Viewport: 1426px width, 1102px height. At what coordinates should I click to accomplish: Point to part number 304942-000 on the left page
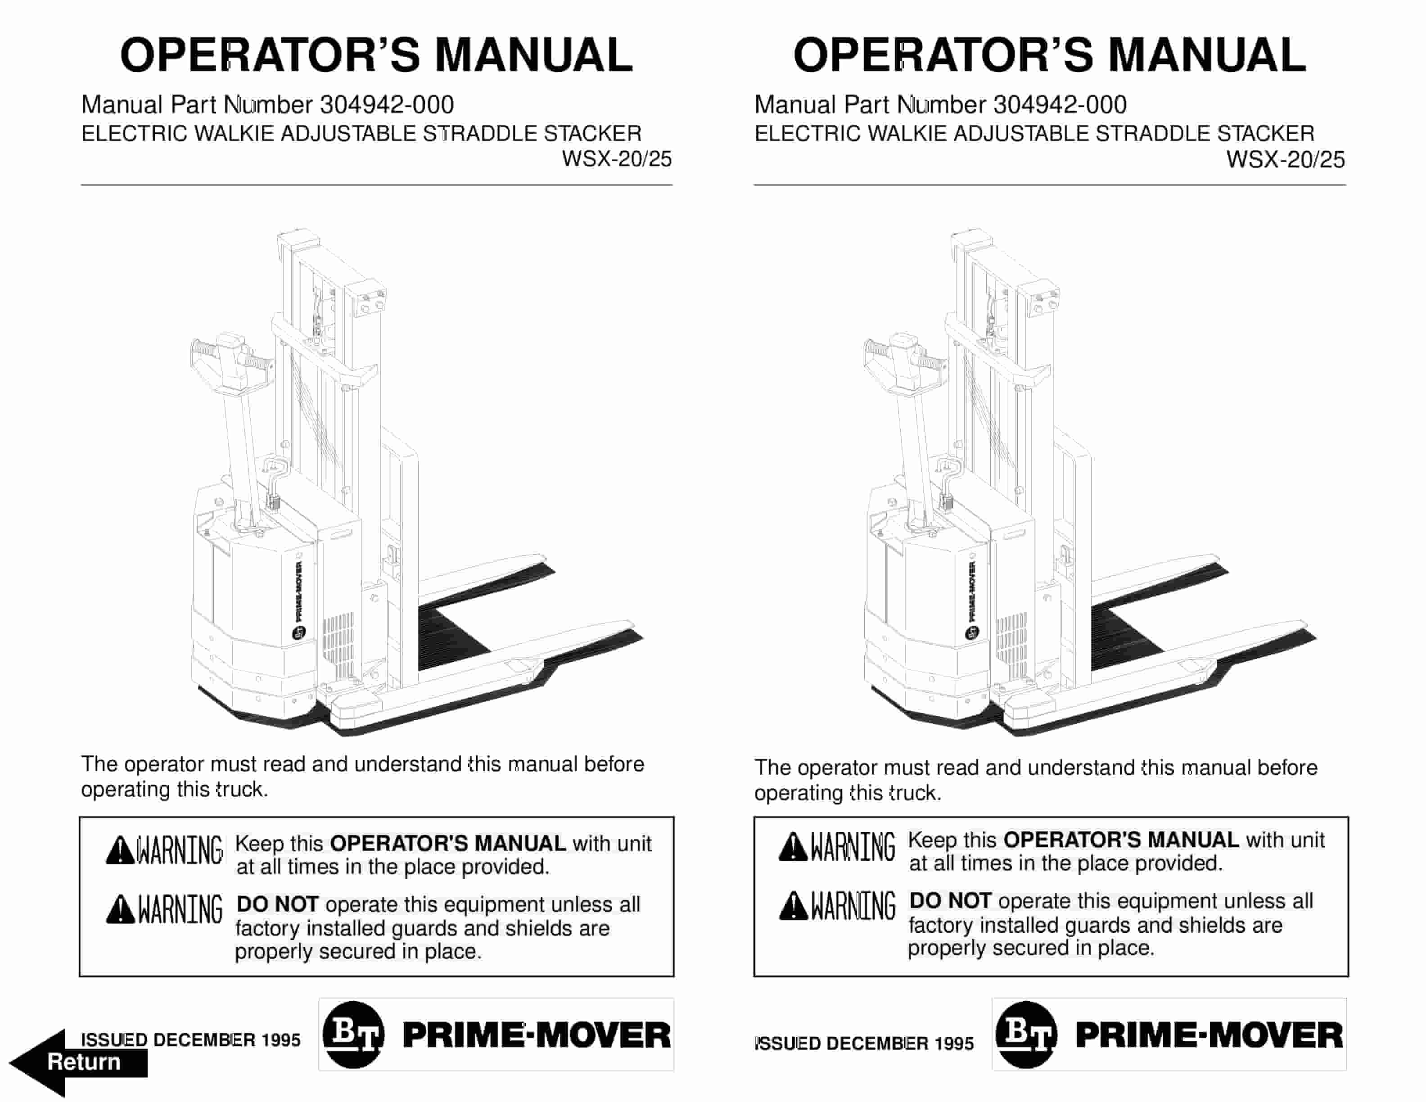tap(387, 104)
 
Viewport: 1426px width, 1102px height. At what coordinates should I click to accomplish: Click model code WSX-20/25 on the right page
tap(1285, 159)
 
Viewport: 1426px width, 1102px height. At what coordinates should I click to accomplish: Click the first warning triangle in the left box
tap(120, 850)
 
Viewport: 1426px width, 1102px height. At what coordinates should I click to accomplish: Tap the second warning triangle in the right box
tap(793, 905)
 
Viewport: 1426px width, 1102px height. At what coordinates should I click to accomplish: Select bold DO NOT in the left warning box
tap(277, 904)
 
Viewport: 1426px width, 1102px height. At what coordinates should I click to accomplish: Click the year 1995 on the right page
tap(953, 1043)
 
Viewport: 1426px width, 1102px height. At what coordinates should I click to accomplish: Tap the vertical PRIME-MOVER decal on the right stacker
tap(971, 591)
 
